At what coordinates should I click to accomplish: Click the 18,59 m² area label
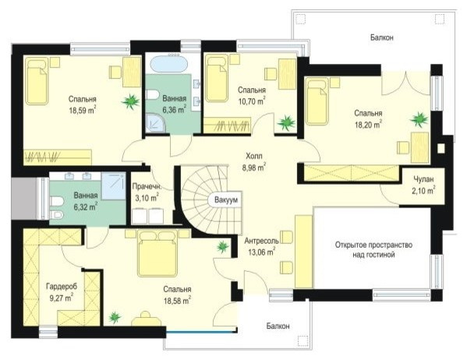point(83,111)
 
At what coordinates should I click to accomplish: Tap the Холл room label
point(254,156)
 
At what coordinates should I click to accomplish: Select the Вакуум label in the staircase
point(226,200)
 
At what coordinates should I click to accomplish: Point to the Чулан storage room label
point(423,179)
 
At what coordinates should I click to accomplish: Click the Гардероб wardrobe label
point(62,287)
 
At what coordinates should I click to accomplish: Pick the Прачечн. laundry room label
point(147,187)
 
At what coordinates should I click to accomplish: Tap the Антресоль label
point(262,241)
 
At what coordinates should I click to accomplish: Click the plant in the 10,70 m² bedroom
point(286,122)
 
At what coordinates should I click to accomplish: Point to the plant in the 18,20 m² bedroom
point(419,120)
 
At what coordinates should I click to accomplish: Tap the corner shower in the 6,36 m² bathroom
point(156,124)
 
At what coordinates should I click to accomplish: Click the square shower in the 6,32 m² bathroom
point(114,186)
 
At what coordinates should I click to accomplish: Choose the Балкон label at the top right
point(382,37)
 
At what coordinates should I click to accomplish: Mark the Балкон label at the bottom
point(278,326)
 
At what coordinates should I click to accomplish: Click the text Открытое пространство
point(373,245)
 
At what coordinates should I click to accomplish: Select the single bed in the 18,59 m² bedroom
point(37,81)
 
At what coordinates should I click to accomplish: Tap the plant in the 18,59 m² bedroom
point(130,101)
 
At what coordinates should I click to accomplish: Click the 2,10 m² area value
point(423,191)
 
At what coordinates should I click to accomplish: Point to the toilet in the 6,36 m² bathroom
point(153,95)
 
